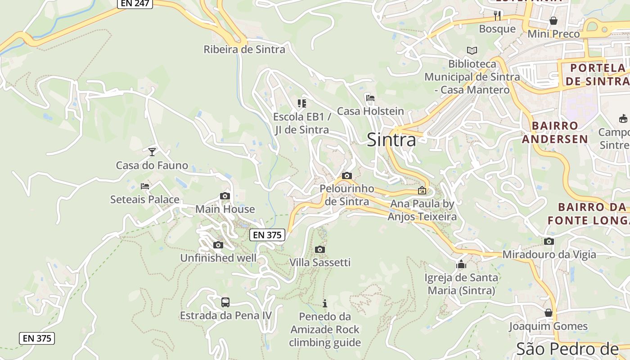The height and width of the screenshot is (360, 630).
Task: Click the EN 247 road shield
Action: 135,3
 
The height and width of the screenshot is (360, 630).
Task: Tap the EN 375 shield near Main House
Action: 267,234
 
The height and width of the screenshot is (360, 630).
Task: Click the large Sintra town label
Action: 391,140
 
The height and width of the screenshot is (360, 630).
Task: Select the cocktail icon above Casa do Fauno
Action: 152,152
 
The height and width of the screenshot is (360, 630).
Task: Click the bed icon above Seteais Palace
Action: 144,186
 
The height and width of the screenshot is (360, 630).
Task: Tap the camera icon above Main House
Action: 225,196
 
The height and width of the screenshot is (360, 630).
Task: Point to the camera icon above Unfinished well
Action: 218,245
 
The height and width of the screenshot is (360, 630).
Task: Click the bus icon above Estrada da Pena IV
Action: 225,302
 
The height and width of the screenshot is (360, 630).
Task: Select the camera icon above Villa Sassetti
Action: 319,249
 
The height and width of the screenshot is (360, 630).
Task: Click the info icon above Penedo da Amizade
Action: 325,303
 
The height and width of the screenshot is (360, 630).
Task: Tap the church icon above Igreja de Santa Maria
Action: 461,264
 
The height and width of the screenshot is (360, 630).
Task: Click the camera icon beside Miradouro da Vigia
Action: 549,242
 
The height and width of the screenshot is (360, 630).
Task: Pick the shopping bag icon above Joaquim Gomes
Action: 549,312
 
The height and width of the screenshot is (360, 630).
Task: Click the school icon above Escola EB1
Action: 301,103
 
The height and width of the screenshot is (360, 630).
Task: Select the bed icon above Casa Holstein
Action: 370,98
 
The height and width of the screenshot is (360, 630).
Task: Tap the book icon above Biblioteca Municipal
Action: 472,50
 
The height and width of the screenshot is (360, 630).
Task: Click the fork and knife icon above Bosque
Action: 497,16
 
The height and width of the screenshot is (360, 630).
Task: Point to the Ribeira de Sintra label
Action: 244,49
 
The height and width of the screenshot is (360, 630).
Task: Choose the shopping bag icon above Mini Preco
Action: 553,21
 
